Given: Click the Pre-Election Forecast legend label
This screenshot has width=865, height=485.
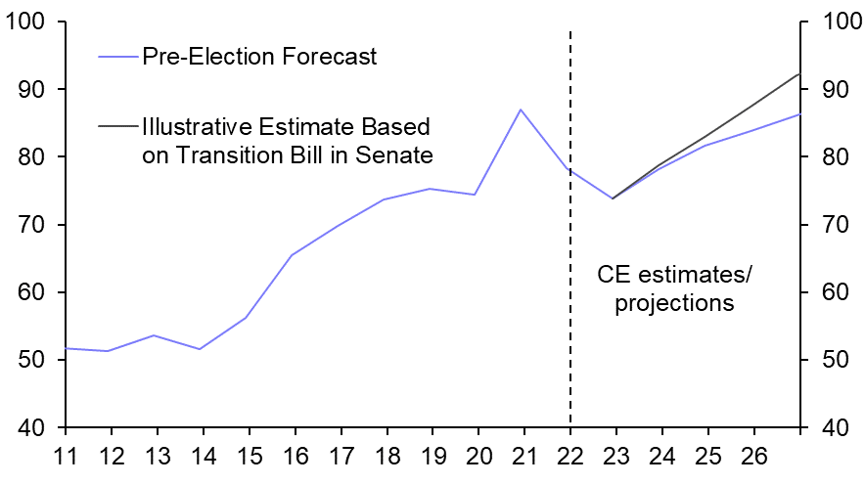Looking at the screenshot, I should coord(259,57).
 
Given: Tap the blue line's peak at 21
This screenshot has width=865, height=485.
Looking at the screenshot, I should coord(521,110).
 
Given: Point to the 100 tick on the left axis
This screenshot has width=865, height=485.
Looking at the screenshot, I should coord(31,22).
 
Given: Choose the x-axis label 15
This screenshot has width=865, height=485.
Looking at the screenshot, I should coord(249,457).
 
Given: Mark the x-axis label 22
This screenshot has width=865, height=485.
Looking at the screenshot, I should coord(570,457).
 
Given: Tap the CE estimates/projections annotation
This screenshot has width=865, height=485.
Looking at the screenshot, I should coord(674,288).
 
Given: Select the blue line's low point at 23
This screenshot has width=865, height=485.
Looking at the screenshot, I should coord(613,198).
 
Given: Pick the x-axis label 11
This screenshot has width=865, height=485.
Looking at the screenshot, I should coord(65,457).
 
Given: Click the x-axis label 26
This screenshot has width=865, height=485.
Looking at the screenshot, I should coord(754,457).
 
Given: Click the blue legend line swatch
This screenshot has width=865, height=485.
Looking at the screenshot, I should coord(118,57).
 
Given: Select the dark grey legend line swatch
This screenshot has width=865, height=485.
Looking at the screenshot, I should coord(118,126).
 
